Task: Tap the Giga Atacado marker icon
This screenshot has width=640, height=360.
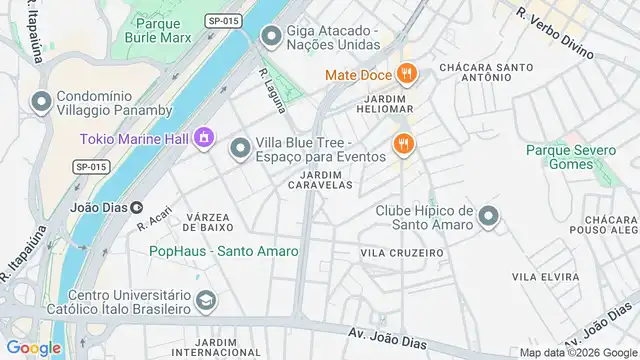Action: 270,36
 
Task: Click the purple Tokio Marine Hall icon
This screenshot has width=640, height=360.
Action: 204,137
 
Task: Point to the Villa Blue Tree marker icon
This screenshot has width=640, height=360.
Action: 240,149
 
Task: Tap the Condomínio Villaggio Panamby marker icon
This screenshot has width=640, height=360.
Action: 41,101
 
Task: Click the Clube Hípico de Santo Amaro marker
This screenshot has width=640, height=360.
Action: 488,216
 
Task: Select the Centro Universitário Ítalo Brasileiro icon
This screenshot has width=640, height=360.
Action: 205,301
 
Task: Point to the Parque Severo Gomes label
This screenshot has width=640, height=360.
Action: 567,157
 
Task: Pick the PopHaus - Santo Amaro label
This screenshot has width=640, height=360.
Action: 212,251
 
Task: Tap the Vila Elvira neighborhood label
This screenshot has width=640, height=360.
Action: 539,275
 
